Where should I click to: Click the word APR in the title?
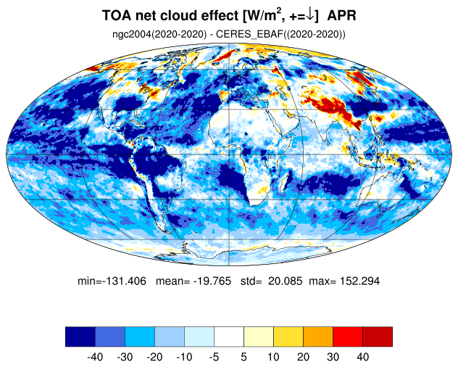pos(341,15)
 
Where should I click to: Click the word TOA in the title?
pos(116,15)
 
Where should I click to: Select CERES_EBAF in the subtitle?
pos(249,34)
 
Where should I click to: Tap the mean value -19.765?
pos(212,281)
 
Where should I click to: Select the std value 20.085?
pos(285,281)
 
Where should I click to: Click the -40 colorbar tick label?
pos(95,357)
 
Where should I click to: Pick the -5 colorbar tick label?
pos(214,357)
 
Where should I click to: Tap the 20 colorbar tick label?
pos(303,357)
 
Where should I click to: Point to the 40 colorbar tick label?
pos(363,357)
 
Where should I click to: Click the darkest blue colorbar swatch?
pos(80,337)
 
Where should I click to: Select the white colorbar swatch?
pos(229,337)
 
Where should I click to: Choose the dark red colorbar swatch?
pos(378,337)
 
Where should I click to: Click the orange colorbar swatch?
pos(318,337)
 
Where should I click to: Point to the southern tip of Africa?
pos(253,205)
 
